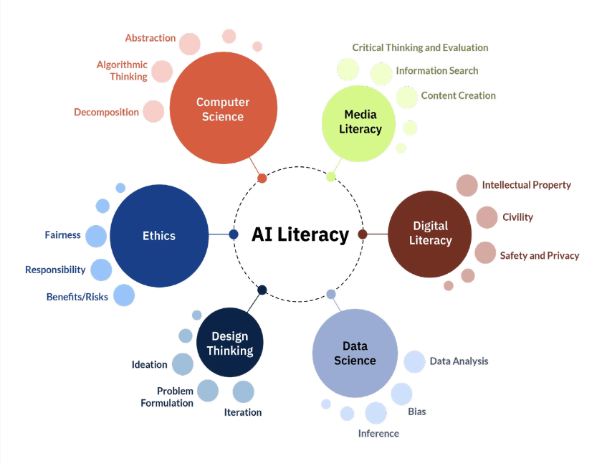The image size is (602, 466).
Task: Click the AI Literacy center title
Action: tap(300, 234)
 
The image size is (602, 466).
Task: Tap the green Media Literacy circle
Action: tap(360, 122)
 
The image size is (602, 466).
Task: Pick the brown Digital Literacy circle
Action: tap(430, 234)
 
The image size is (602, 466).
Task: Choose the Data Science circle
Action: tap(355, 354)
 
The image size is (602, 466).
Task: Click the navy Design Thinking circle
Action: tap(230, 343)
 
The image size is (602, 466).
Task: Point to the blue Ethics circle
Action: tap(158, 235)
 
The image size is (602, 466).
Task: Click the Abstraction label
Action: tap(150, 38)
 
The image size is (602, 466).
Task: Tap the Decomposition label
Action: tap(106, 112)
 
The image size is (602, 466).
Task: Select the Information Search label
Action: tap(436, 71)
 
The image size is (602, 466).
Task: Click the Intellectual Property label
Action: tap(526, 185)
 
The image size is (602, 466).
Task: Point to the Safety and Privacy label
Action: tap(539, 255)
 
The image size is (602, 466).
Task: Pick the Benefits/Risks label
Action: tap(77, 296)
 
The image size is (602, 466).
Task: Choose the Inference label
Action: tap(378, 433)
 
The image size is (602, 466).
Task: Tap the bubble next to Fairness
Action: tap(96, 236)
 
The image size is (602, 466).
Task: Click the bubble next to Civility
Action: tap(487, 217)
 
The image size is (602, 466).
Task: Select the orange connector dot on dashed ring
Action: tap(262, 178)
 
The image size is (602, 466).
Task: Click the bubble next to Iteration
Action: tap(243, 391)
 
